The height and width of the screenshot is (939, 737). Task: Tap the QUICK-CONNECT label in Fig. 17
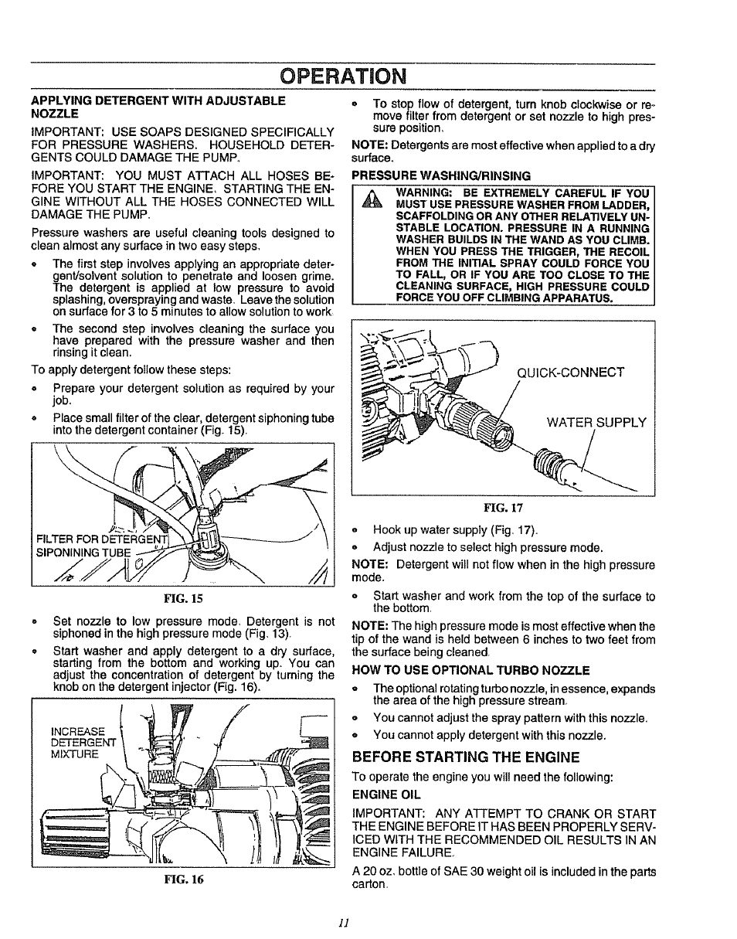(x=570, y=372)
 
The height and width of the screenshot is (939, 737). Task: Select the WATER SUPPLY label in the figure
(x=596, y=422)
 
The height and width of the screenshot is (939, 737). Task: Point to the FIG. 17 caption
(x=503, y=508)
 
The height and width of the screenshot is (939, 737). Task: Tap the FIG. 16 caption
(x=182, y=879)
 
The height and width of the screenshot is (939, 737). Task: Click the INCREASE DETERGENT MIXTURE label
(x=76, y=742)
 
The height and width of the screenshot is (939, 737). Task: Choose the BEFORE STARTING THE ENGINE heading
(x=465, y=756)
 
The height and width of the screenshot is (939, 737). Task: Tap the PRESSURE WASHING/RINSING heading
(x=441, y=175)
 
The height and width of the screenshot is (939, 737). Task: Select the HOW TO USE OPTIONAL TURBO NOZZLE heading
(x=470, y=670)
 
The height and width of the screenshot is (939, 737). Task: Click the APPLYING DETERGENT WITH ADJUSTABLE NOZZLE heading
(x=158, y=106)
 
